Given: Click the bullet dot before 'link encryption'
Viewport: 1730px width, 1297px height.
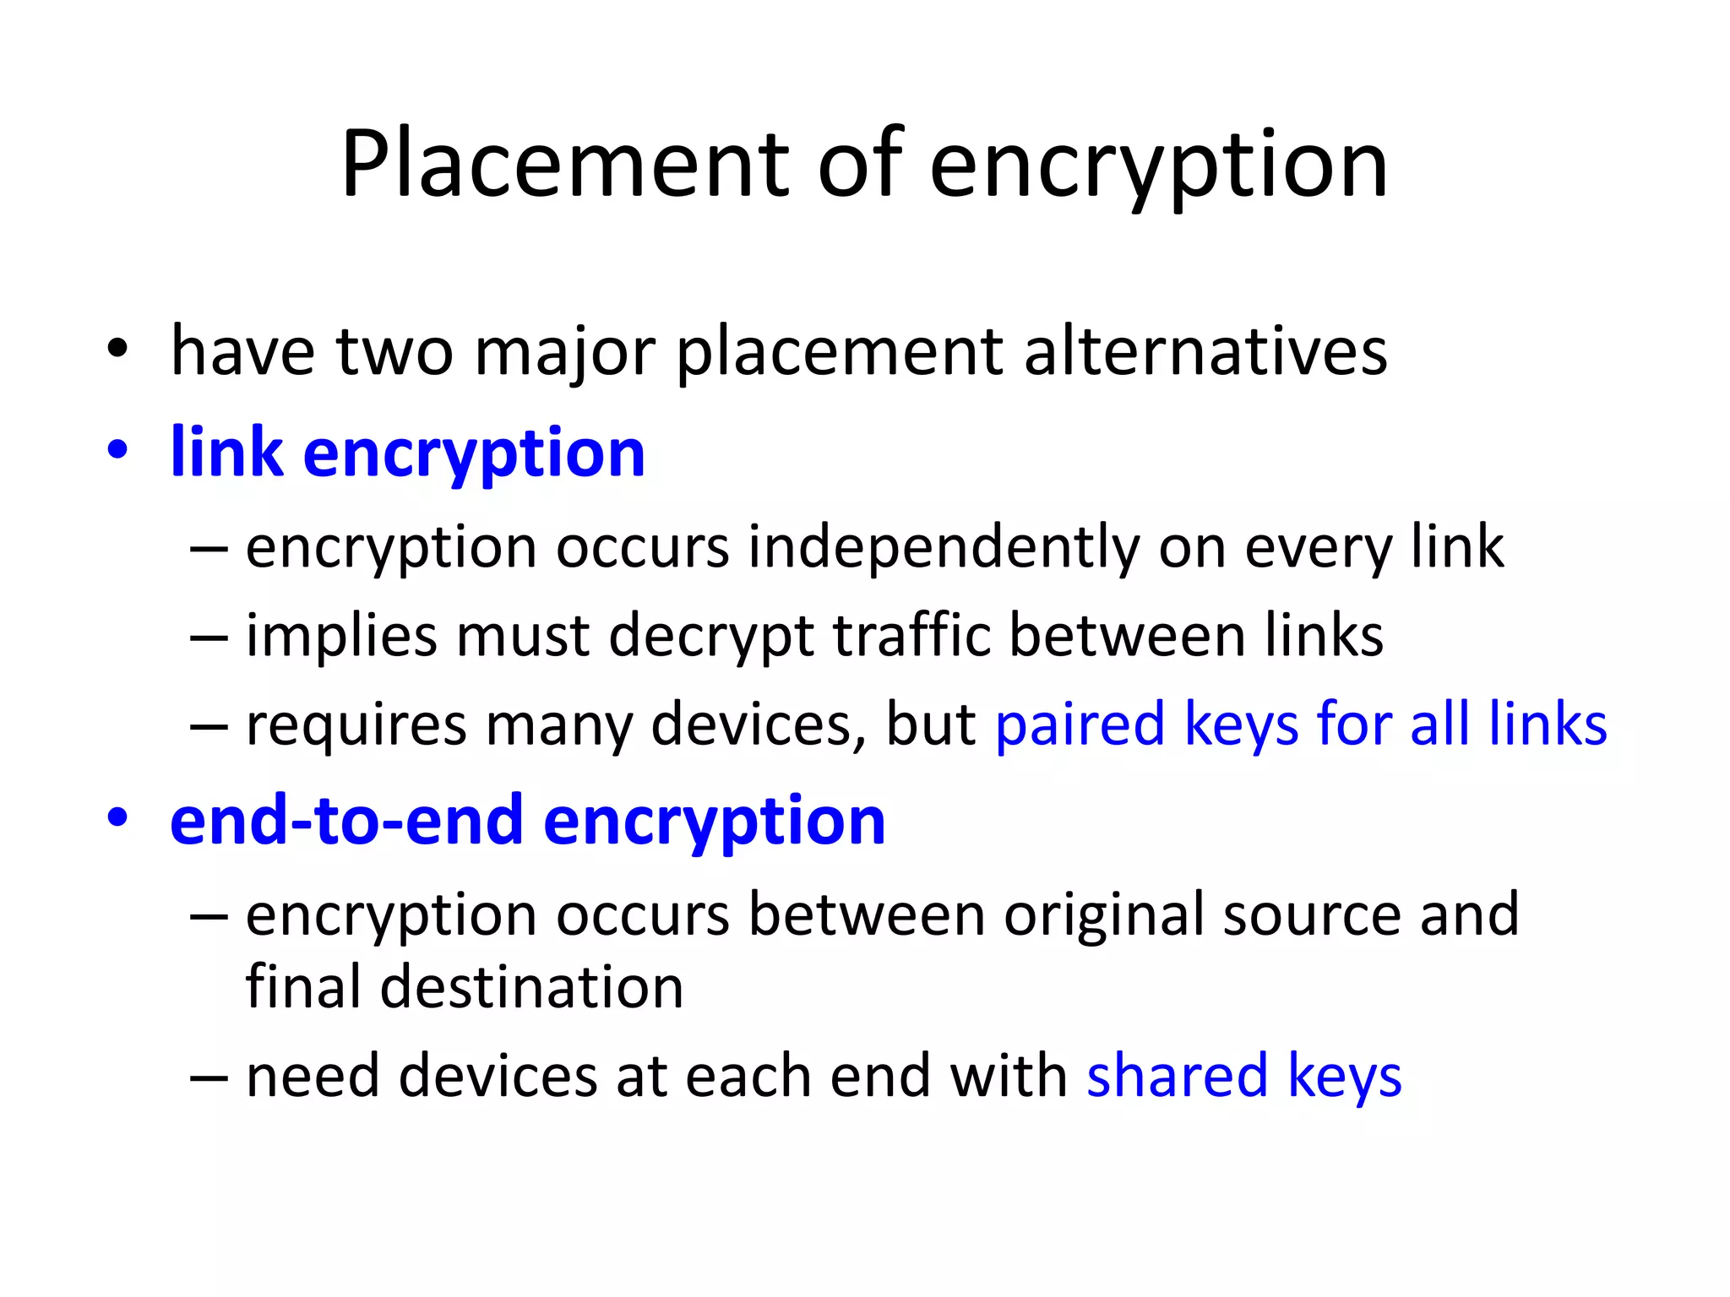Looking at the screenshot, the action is pyautogui.click(x=117, y=449).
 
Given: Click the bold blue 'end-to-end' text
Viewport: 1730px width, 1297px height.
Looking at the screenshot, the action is pyautogui.click(x=346, y=821).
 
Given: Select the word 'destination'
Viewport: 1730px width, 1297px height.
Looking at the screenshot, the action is pyautogui.click(x=531, y=987).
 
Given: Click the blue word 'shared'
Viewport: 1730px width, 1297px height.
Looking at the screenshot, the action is pyautogui.click(x=1177, y=1077).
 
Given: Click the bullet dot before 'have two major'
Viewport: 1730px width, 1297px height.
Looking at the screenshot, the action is pyautogui.click(x=117, y=348).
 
